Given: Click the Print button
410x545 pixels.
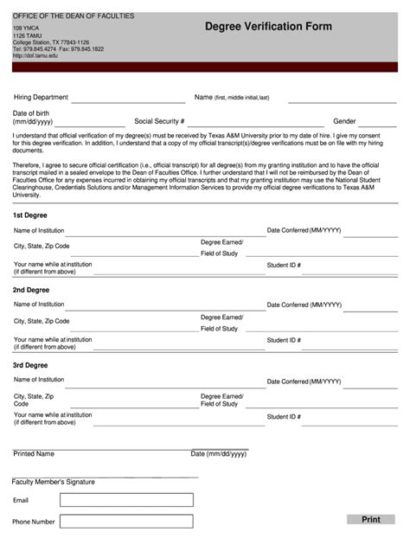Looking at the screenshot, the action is (371, 519).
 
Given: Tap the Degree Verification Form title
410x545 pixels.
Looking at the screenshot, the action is (268, 27).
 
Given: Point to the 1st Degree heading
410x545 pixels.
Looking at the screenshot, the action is (30, 215).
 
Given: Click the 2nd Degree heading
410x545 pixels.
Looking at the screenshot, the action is (31, 290).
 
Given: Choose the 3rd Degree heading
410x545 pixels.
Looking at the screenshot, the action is (30, 365).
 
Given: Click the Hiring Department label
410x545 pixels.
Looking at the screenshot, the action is (41, 98).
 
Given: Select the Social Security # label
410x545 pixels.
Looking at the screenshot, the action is (159, 122).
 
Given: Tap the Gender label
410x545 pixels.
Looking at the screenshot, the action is (345, 122).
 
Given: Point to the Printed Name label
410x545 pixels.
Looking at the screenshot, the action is (34, 453).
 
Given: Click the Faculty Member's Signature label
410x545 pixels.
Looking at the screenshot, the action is (54, 482).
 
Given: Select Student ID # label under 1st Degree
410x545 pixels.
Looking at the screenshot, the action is (284, 265).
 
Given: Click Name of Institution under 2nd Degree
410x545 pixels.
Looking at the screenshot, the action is (39, 305).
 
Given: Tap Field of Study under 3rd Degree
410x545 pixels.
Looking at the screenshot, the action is (219, 404).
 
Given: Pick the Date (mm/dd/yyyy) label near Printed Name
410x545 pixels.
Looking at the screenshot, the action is (218, 453).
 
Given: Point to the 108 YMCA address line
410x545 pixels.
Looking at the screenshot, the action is (26, 29).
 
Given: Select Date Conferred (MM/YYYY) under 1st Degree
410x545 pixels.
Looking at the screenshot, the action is (304, 230).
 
